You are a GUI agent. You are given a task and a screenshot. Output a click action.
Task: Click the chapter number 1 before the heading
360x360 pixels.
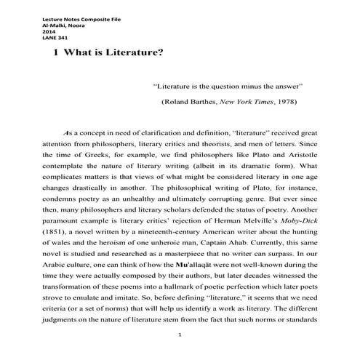[47, 52]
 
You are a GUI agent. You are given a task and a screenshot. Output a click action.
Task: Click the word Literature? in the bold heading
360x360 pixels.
[135, 52]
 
